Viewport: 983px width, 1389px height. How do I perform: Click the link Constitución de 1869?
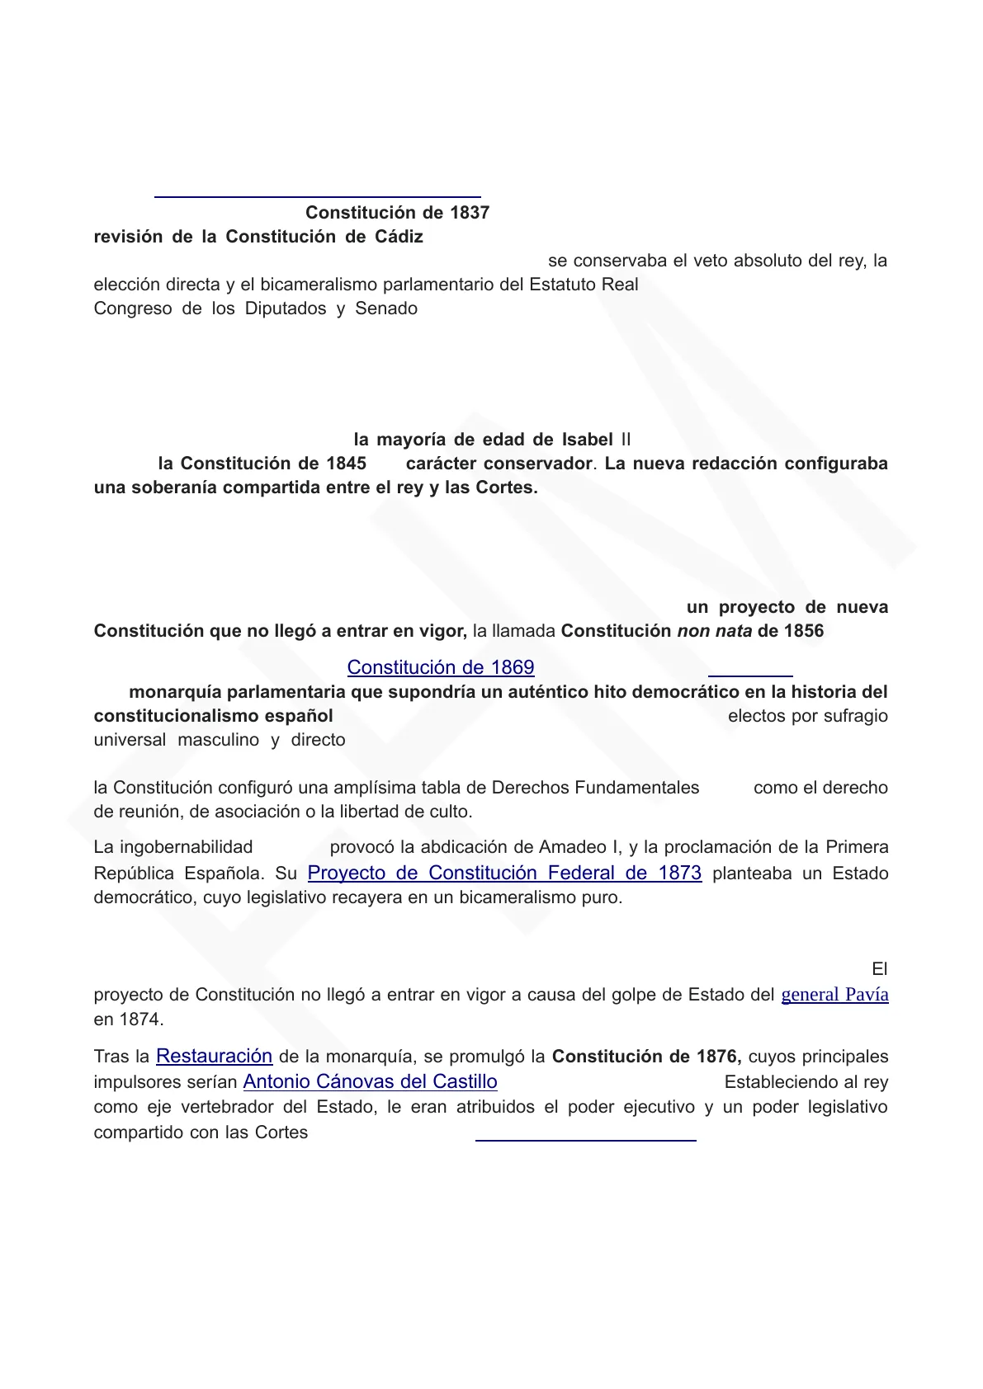pyautogui.click(x=440, y=667)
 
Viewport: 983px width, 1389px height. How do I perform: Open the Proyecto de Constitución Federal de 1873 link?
pyautogui.click(x=504, y=873)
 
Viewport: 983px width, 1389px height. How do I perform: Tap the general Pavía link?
pyautogui.click(x=834, y=995)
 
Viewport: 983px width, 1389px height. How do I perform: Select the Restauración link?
pyautogui.click(x=214, y=1056)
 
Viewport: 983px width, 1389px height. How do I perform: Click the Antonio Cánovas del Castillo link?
pyautogui.click(x=370, y=1081)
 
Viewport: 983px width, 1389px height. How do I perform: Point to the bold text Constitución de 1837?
pyautogui.click(x=397, y=213)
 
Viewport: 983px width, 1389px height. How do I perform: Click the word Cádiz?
pyautogui.click(x=399, y=237)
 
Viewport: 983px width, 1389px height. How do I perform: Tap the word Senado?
pyautogui.click(x=386, y=308)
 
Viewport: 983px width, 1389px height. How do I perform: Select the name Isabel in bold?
pyautogui.click(x=587, y=440)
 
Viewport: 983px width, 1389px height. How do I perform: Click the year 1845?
pyautogui.click(x=346, y=464)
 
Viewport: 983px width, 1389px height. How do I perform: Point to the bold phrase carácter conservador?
pyautogui.click(x=499, y=464)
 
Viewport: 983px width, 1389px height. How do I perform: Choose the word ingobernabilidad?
pyautogui.click(x=186, y=847)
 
